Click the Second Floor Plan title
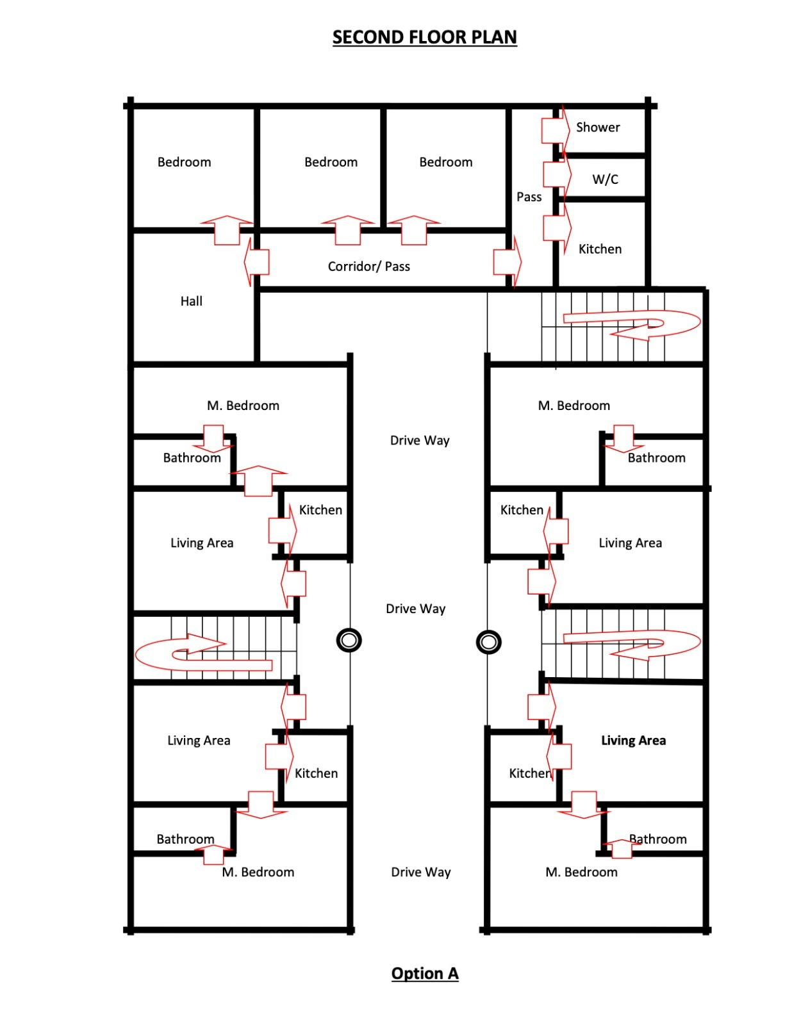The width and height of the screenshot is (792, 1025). coord(425,37)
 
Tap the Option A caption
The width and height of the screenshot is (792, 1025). coord(425,973)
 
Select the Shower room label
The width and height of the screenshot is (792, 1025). coord(598,127)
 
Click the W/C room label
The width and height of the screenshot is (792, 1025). coord(605,179)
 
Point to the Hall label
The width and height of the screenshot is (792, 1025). coord(191,301)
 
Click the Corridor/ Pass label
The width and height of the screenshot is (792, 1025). coord(369,266)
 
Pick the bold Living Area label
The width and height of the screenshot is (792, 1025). coord(633,740)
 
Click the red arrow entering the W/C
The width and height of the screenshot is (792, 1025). coord(557,174)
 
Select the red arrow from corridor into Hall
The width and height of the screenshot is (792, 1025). coord(256,262)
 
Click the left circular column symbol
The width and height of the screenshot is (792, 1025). coord(349,640)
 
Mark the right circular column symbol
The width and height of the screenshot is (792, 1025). coord(489,641)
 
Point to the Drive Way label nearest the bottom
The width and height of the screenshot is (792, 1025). coord(421,872)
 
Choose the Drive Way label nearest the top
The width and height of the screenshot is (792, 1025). coord(420,440)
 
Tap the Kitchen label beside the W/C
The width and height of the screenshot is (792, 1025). coord(600,249)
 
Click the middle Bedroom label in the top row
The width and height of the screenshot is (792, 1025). coord(331,162)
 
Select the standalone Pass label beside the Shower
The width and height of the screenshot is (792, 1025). coord(529,197)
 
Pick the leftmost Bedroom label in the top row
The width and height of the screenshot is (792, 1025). coord(184,162)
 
